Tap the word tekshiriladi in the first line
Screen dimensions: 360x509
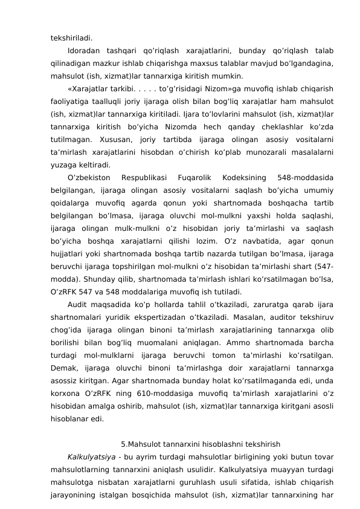[x=71, y=36]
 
